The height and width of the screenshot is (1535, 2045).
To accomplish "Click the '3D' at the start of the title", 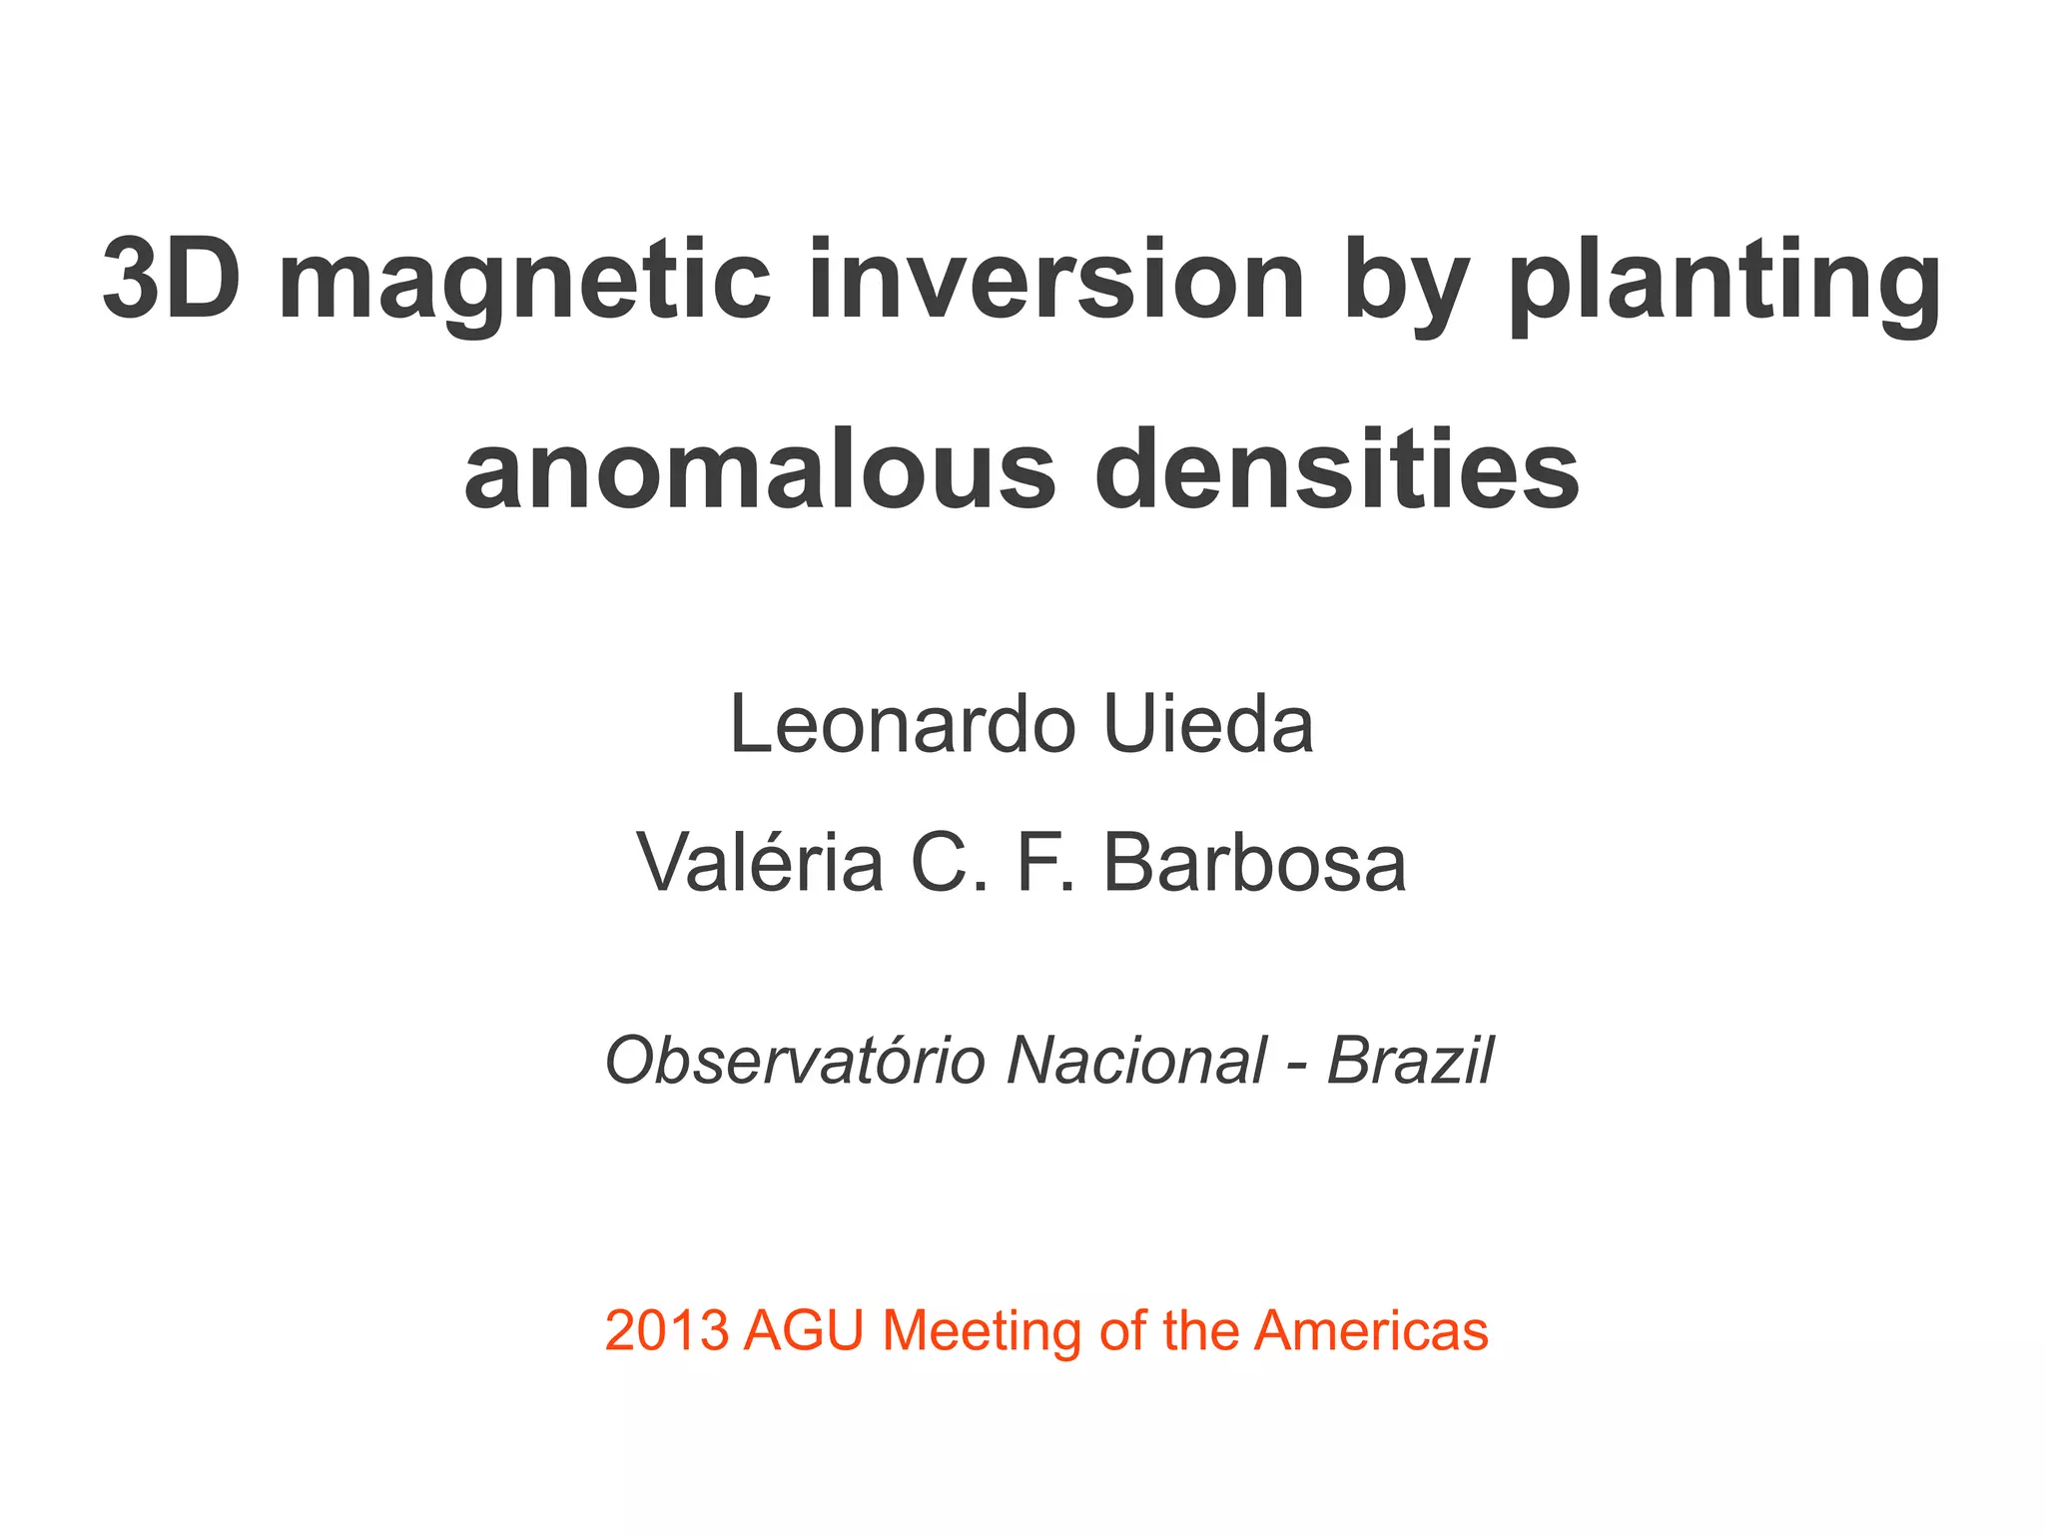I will [x=172, y=280].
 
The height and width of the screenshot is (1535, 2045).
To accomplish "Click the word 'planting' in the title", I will [x=1724, y=285].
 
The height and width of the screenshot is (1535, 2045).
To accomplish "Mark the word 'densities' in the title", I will [x=1337, y=469].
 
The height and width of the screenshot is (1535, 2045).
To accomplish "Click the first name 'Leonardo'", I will [x=903, y=725].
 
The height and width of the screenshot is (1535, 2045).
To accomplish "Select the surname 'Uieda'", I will [x=1208, y=725].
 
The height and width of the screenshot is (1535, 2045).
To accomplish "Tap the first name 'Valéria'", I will [x=760, y=863].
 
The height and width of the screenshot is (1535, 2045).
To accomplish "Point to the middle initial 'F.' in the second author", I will [x=1045, y=863].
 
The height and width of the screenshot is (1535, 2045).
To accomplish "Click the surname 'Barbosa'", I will [x=1254, y=863].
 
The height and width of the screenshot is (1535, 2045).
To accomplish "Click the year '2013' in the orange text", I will [x=666, y=1331].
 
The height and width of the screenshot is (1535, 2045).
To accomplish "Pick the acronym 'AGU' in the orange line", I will [x=803, y=1331].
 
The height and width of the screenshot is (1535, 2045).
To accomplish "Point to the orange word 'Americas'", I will [x=1371, y=1331].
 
